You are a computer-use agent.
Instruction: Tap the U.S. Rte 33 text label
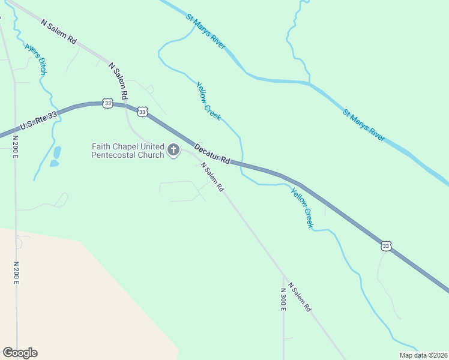point(38,121)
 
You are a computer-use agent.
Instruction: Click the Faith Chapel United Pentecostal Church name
point(127,151)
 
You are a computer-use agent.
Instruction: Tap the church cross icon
point(173,150)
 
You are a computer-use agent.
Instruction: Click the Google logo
point(20,353)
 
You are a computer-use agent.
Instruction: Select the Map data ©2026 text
point(423,355)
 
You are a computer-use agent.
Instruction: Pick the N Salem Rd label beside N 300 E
point(300,296)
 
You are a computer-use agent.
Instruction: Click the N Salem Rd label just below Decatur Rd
point(212,177)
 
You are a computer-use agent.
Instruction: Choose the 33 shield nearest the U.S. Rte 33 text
point(107,103)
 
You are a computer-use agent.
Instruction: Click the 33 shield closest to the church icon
point(142,112)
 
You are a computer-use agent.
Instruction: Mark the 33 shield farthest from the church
point(386,246)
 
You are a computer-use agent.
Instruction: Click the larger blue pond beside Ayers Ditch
point(58,152)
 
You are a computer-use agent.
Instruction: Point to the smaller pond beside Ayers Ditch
point(54,163)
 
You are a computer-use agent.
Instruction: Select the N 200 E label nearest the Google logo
point(16,275)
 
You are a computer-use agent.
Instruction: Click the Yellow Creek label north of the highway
point(208,101)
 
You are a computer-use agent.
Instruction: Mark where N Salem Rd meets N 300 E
point(283,277)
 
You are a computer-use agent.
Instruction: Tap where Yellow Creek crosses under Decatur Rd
point(241,163)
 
